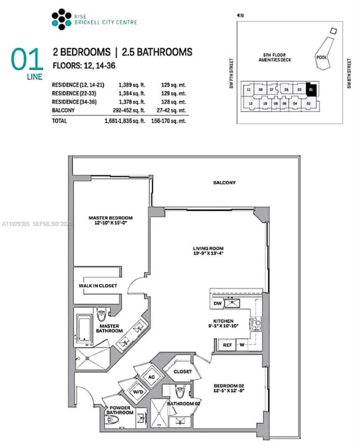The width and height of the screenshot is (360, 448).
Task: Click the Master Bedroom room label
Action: (110, 218)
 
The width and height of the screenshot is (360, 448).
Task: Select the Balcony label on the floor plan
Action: (224, 183)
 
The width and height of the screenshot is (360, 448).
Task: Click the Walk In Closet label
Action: (98, 286)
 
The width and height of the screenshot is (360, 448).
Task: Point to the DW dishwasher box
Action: (217, 303)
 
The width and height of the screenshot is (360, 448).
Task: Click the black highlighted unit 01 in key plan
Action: (312, 89)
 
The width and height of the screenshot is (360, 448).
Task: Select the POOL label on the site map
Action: (321, 57)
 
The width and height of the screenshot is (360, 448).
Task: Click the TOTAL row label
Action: (60, 120)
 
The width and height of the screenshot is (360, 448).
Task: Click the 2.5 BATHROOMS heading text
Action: (156, 52)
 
